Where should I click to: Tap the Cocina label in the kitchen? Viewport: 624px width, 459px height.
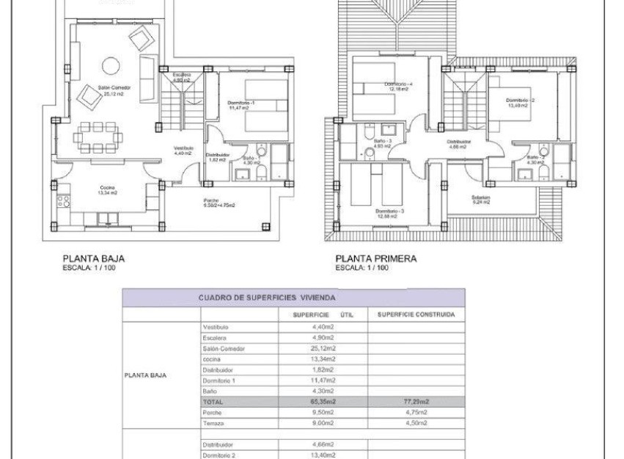109,189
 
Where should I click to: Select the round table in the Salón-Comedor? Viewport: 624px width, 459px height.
111,65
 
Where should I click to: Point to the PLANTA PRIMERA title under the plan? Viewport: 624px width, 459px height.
375,259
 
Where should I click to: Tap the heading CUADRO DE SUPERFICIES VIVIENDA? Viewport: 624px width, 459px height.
267,298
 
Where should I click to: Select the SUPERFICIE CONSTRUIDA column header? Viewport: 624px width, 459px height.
415,314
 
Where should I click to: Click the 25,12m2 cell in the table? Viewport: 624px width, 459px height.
323,349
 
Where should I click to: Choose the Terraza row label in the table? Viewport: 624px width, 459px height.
211,424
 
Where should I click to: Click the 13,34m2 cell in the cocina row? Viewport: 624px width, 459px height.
323,360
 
